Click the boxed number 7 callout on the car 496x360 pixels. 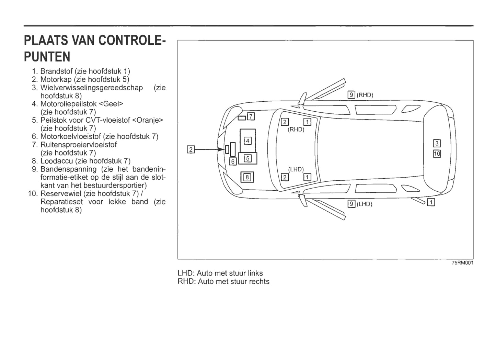[251, 116]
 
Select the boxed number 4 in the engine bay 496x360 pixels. [247, 141]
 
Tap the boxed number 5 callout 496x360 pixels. [247, 158]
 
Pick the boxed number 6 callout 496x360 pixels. [233, 161]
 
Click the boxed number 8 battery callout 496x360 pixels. [247, 177]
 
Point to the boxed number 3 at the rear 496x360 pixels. [437, 143]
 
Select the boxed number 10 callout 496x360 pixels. [437, 154]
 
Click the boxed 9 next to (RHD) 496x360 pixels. [351, 95]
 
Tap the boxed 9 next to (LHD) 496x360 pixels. [351, 204]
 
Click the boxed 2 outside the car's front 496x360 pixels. [191, 149]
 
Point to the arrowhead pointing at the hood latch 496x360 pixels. [221, 149]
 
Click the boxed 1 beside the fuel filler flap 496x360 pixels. [431, 202]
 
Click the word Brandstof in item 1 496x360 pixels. [56, 71]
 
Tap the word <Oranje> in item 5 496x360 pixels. [148, 120]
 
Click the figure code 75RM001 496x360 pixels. [463, 263]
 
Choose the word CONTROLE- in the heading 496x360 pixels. [132, 40]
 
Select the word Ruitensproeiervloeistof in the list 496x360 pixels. [79, 145]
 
